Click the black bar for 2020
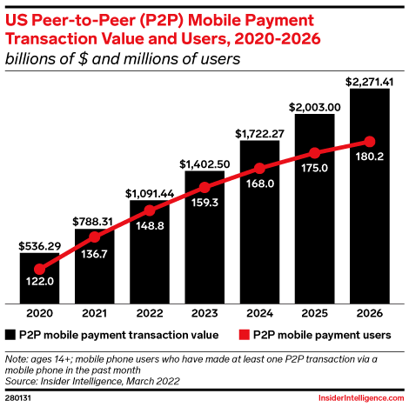click(x=39, y=279)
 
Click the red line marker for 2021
click(x=94, y=231)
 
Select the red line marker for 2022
click(x=149, y=210)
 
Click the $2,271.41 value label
click(x=369, y=82)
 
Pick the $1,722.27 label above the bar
click(x=258, y=134)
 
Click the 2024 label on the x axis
click(x=258, y=313)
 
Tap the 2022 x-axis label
click(x=149, y=313)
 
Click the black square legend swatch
click(x=11, y=334)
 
